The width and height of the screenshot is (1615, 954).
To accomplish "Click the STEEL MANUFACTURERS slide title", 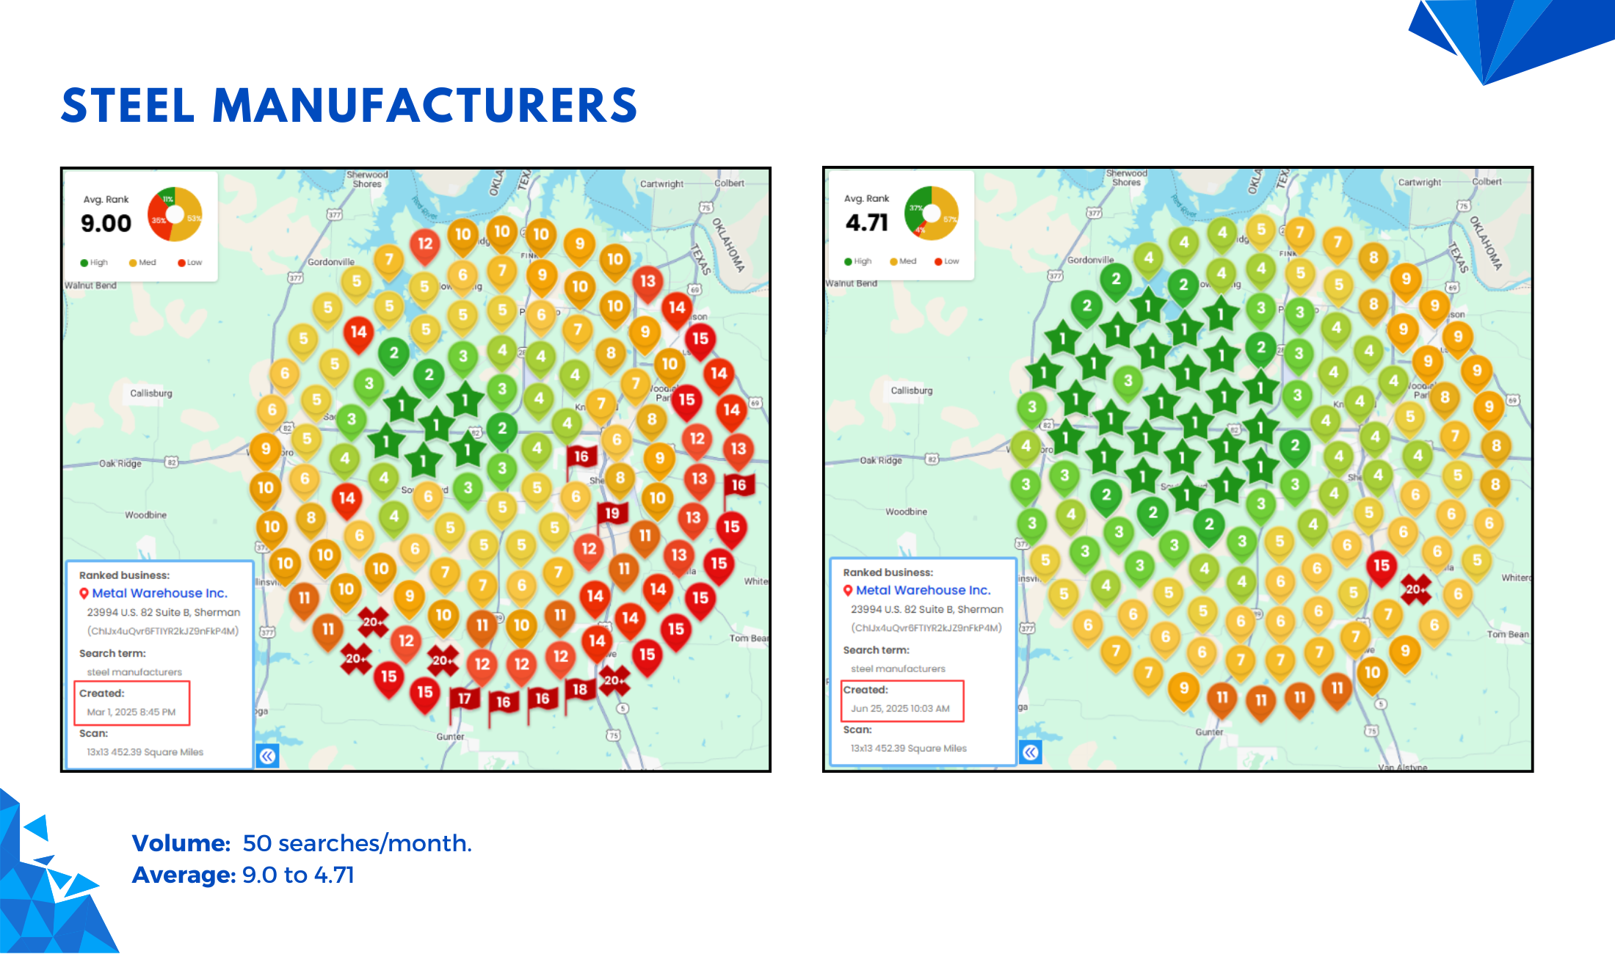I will (349, 105).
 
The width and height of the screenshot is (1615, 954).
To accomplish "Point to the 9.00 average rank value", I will (106, 223).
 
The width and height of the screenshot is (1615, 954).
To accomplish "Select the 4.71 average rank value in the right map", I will (866, 222).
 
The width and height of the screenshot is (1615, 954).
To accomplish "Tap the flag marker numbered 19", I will (611, 514).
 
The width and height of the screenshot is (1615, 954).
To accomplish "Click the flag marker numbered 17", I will (464, 699).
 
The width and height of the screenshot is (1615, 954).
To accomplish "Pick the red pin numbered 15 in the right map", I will (1381, 566).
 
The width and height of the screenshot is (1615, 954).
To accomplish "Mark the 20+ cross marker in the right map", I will (1415, 589).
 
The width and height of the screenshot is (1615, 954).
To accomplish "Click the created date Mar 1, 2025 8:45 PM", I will (131, 712).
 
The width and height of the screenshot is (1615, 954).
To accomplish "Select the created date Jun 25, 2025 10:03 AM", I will (900, 708).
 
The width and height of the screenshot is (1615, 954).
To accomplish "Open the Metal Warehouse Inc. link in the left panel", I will (159, 593).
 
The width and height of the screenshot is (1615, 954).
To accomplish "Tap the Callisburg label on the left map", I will (151, 393).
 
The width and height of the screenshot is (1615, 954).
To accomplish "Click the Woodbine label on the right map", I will (906, 511).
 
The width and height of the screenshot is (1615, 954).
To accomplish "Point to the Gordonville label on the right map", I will (1090, 260).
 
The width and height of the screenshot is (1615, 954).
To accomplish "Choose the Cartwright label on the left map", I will (661, 183).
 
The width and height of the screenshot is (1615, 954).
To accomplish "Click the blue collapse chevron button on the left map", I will (268, 756).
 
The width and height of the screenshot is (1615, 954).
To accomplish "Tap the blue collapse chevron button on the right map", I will (1030, 752).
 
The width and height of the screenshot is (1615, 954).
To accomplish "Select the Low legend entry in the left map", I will (189, 262).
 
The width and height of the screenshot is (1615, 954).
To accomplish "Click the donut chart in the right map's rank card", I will (932, 213).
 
